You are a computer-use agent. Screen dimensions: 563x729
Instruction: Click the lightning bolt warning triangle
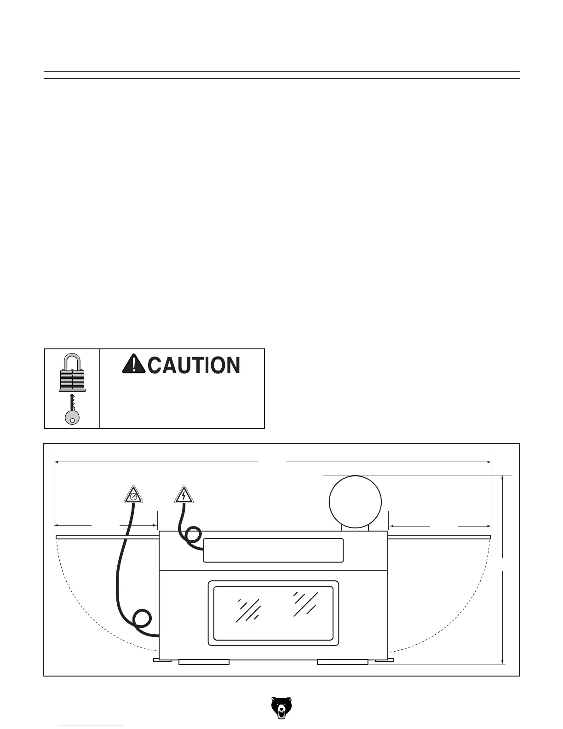pyautogui.click(x=184, y=495)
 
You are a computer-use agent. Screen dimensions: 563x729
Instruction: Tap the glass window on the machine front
pyautogui.click(x=273, y=613)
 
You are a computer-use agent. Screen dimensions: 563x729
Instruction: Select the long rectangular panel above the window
pyautogui.click(x=273, y=550)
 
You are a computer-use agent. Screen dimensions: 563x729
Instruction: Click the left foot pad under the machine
pyautogui.click(x=204, y=662)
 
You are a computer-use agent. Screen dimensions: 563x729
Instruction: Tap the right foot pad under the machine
pyautogui.click(x=343, y=662)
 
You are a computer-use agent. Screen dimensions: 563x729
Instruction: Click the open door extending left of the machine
pyautogui.click(x=107, y=537)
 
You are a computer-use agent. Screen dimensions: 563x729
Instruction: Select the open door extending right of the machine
pyautogui.click(x=440, y=537)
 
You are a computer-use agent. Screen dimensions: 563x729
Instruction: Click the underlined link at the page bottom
pyautogui.click(x=92, y=726)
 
